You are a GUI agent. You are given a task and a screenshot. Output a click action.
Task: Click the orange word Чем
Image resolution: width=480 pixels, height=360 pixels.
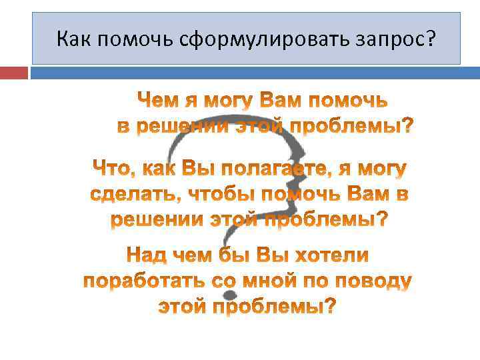coord(158,101)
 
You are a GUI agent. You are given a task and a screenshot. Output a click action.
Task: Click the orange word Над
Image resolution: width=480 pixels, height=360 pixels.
coord(147,256)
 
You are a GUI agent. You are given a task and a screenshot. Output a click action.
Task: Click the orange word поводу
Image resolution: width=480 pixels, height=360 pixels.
coord(375,281)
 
